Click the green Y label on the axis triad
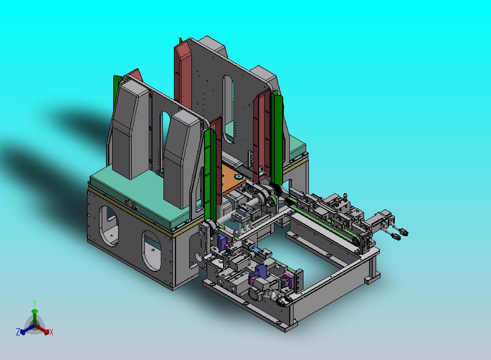pos(34,303)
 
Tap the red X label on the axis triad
pos(51,332)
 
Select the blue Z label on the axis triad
pos(18,332)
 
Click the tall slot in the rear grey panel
pos(229,108)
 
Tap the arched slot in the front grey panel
pos(165,138)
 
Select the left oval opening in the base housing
pos(108,225)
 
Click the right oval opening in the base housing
pos(151,251)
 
